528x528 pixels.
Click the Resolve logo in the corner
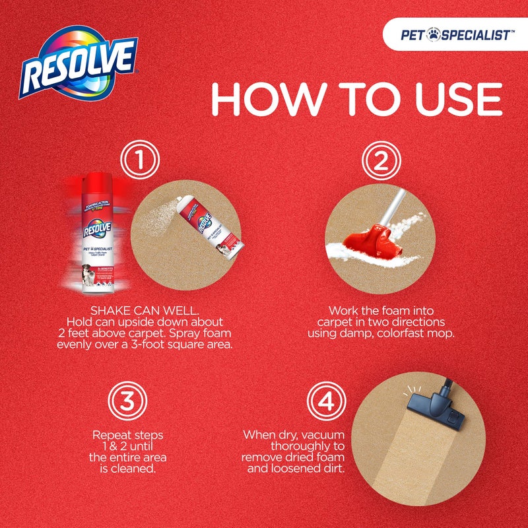tap(79, 64)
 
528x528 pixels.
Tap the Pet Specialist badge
tap(455, 35)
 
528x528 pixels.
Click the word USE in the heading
tap(449, 100)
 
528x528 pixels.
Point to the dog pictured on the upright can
tap(88, 261)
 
